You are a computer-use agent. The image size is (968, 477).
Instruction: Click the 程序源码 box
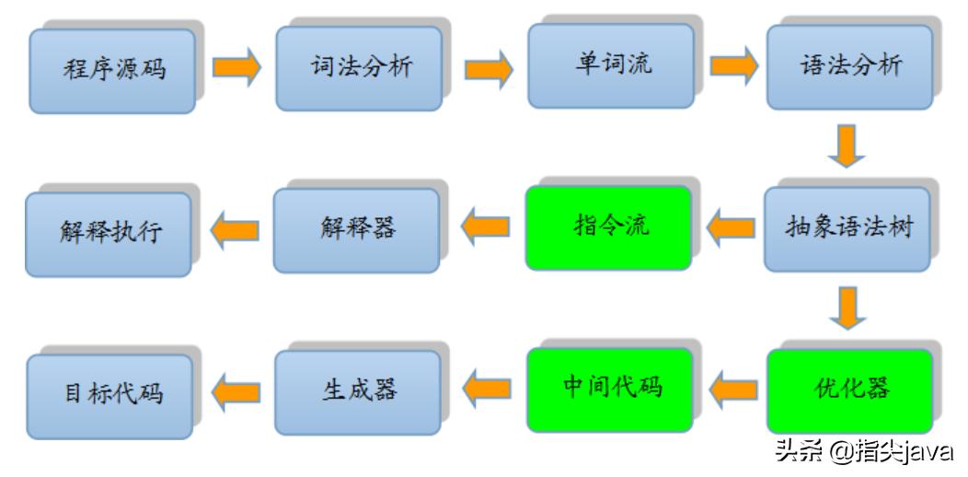click(112, 71)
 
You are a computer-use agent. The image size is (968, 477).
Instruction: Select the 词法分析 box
click(359, 68)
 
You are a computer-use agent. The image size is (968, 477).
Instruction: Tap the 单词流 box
click(610, 65)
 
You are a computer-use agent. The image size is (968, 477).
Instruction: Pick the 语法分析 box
click(850, 67)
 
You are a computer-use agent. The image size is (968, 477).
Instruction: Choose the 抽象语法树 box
click(848, 228)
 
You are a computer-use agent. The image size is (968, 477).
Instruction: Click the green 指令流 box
click(608, 227)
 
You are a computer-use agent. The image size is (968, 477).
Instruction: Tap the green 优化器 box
click(850, 390)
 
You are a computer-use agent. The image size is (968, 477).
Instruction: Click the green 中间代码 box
click(609, 389)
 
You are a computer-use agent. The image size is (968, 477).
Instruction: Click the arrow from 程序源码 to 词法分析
click(236, 69)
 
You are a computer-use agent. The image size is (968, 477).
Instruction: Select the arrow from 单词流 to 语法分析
click(732, 65)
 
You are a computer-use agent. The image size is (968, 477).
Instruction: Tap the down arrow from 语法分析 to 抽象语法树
click(847, 146)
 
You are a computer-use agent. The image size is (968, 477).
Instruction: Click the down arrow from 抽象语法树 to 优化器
click(847, 308)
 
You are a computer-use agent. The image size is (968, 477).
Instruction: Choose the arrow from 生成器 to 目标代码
click(236, 393)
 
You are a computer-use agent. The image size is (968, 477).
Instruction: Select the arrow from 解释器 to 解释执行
click(234, 230)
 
